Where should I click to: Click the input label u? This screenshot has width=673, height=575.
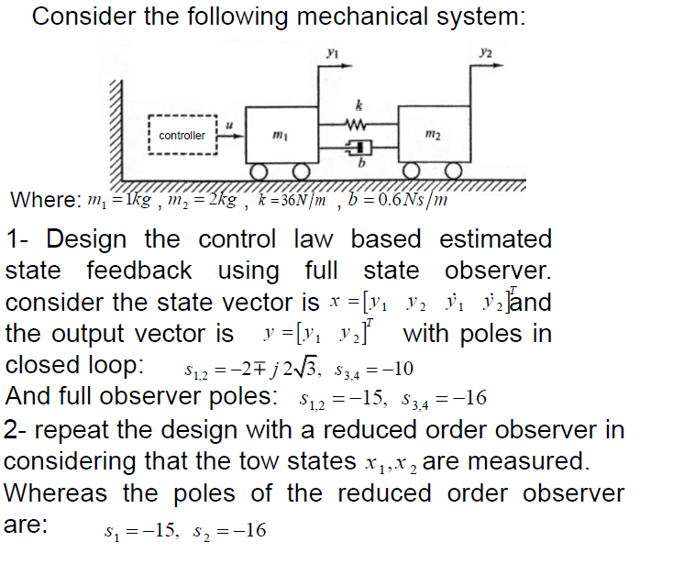(229, 118)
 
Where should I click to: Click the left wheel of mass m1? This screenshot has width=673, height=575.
(261, 172)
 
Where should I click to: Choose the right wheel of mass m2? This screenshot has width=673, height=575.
(453, 172)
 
